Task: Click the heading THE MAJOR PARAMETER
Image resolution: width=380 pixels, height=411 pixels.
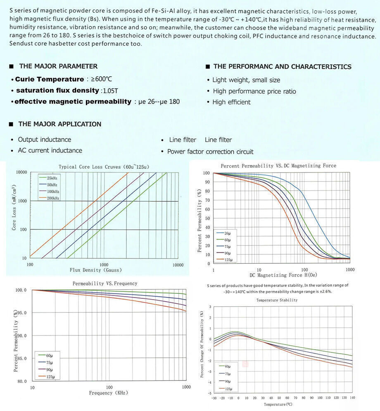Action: (58, 66)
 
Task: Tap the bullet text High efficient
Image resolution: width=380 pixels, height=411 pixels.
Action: (231, 102)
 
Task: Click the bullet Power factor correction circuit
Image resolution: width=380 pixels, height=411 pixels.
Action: (210, 151)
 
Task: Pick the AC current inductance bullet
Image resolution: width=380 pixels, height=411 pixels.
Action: (50, 150)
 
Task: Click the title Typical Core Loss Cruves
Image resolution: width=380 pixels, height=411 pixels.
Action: (104, 167)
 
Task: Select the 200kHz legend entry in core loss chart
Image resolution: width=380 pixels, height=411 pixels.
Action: (53, 198)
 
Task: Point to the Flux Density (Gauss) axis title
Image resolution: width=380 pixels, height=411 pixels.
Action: (96, 270)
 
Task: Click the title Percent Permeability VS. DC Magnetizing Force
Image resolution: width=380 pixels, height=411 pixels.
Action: (278, 165)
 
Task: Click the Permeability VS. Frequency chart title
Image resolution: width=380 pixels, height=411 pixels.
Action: (105, 283)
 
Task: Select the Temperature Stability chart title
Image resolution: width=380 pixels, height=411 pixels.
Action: (277, 300)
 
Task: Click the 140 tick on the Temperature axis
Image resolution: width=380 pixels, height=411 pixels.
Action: (352, 398)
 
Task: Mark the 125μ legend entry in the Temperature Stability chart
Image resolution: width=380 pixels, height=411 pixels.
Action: (228, 388)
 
